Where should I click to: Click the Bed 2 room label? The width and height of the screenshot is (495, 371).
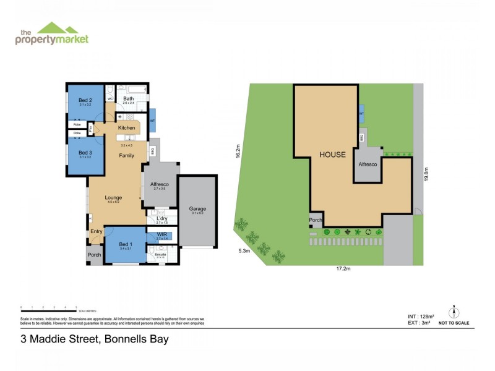pyautogui.click(x=85, y=100)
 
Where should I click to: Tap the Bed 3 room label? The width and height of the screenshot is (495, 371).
pyautogui.click(x=85, y=152)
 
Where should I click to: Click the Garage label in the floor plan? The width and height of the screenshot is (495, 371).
pyautogui.click(x=198, y=209)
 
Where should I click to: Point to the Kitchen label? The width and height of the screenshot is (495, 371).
pyautogui.click(x=126, y=128)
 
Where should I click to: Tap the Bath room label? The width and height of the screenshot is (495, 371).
pyautogui.click(x=128, y=98)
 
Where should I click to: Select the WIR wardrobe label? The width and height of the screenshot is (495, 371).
pyautogui.click(x=161, y=235)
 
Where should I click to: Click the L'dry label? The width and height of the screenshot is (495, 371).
pyautogui.click(x=162, y=218)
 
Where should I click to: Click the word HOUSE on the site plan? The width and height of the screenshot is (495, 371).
pyautogui.click(x=332, y=155)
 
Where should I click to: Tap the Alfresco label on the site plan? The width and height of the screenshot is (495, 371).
pyautogui.click(x=369, y=164)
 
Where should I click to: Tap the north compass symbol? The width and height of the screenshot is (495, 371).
pyautogui.click(x=454, y=313)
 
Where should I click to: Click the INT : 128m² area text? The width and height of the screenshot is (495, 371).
pyautogui.click(x=412, y=317)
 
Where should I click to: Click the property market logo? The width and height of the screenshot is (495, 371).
pyautogui.click(x=52, y=34)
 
